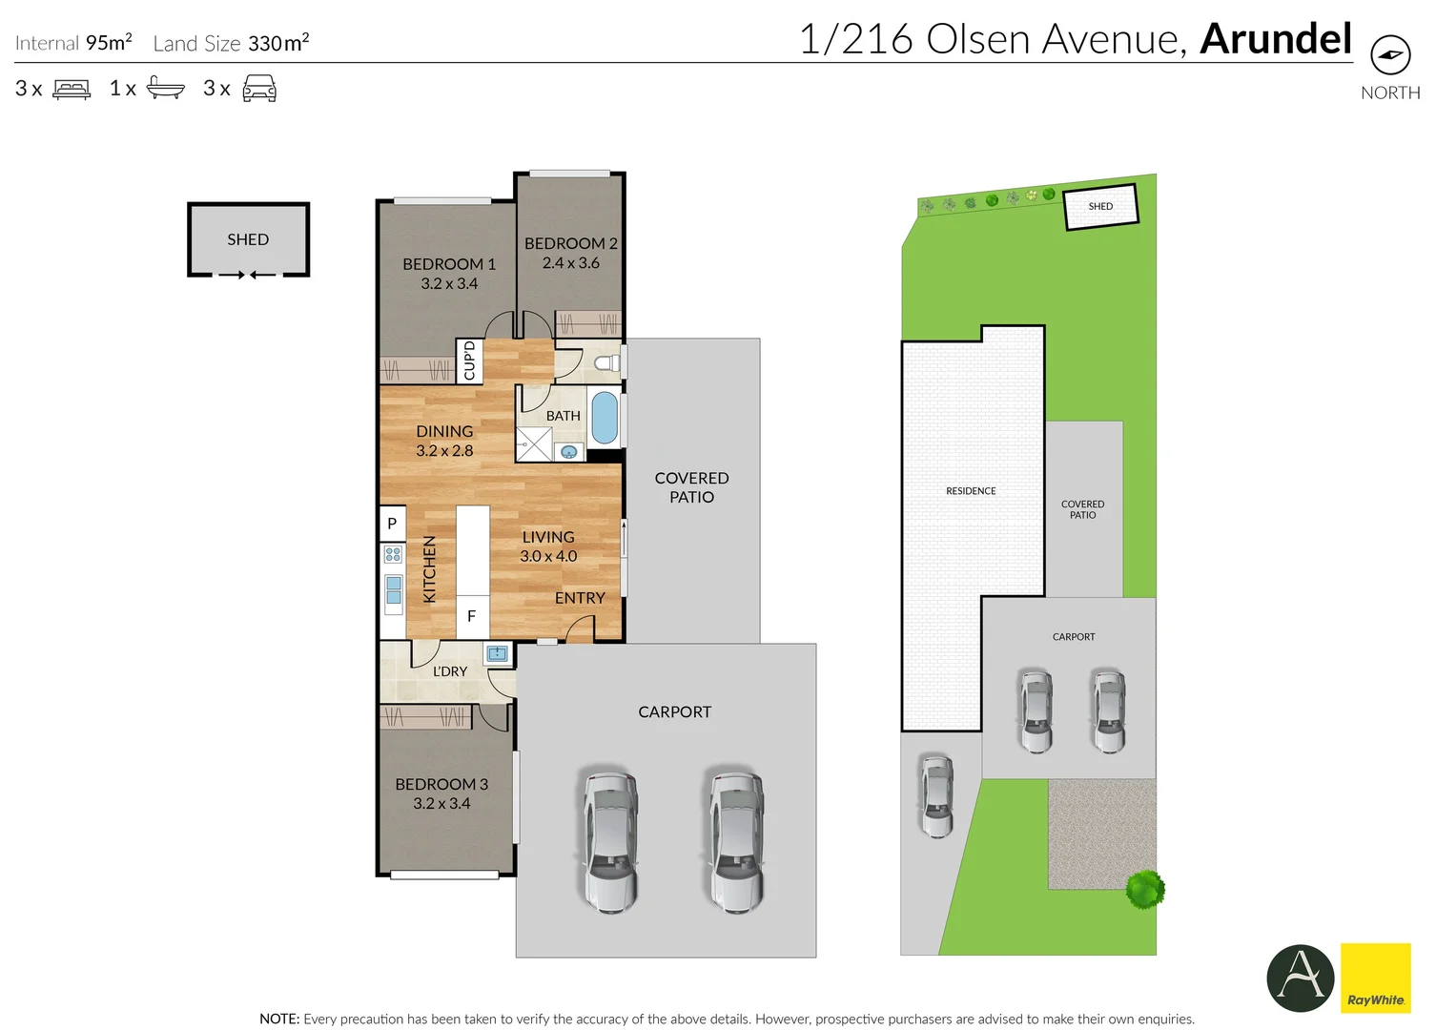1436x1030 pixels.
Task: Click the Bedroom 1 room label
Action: point(448,264)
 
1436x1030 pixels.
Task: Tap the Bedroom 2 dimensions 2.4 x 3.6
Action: point(570,263)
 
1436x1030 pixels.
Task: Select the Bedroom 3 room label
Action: point(441,784)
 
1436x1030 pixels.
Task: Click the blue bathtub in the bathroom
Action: point(604,418)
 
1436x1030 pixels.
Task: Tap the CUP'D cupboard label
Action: point(469,360)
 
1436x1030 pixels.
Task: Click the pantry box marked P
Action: point(392,524)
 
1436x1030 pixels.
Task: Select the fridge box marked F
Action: point(471,616)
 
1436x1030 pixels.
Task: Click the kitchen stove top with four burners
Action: point(393,554)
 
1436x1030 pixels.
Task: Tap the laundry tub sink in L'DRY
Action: point(497,653)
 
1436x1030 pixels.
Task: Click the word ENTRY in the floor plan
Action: point(580,598)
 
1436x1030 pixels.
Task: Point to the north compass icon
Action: point(1389,54)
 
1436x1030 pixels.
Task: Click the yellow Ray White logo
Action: point(1375,978)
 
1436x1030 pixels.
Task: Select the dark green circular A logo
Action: point(1300,978)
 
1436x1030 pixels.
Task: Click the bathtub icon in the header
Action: point(166,89)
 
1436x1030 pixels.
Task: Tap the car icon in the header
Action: point(259,89)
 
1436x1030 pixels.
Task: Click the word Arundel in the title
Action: point(1275,39)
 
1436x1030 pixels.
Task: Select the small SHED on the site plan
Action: point(1100,206)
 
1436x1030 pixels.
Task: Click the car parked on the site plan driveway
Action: point(936,795)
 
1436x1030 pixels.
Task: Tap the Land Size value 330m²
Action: point(278,43)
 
